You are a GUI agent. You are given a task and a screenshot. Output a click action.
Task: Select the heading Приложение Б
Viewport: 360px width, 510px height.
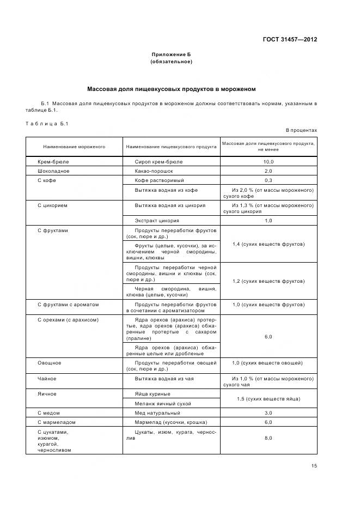click(171, 54)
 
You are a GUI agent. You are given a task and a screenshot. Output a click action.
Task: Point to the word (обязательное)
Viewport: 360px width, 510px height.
click(171, 62)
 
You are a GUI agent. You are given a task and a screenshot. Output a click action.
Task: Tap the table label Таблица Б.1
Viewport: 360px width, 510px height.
click(47, 124)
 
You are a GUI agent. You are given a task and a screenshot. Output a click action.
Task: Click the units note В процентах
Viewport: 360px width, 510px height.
click(301, 130)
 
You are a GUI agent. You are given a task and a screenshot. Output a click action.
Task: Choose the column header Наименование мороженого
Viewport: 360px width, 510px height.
click(75, 147)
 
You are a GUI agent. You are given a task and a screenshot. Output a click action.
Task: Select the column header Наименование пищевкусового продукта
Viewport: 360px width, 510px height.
click(171, 147)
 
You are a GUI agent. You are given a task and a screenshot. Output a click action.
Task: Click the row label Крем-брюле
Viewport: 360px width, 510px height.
click(53, 162)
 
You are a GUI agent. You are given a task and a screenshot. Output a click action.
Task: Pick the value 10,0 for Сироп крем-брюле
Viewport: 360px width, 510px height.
click(268, 162)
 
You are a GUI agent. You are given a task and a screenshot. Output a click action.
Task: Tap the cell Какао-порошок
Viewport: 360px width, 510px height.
click(154, 171)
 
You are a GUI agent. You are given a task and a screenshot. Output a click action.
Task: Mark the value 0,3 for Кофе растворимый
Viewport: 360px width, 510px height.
click(268, 180)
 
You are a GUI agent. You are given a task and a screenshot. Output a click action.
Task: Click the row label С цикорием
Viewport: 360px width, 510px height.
click(52, 205)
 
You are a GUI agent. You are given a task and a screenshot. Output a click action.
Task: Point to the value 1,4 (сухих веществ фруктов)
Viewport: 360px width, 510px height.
click(268, 244)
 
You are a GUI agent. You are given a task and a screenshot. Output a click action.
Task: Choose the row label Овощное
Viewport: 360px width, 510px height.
click(49, 362)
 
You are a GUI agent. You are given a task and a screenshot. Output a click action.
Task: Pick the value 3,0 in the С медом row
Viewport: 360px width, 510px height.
click(268, 413)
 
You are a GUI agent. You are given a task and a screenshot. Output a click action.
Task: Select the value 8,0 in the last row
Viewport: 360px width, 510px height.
click(268, 438)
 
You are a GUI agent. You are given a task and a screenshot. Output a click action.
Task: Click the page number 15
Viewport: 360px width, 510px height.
click(314, 465)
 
